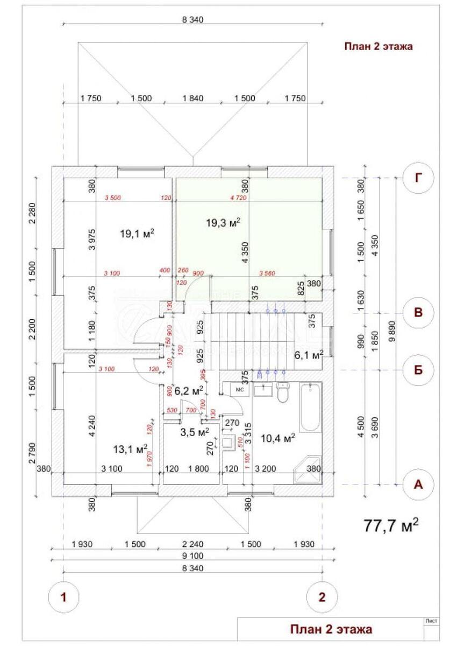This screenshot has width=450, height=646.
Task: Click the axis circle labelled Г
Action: coord(418,179)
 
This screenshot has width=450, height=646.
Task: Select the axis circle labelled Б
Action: coord(418,370)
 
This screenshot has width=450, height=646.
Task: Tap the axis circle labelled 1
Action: coord(63,596)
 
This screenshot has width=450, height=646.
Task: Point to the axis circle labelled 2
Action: coord(322,596)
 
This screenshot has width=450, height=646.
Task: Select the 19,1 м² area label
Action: coord(138,233)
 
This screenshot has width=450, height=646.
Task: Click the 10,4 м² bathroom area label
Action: coord(278,439)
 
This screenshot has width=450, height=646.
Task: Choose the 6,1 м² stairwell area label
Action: coord(308,354)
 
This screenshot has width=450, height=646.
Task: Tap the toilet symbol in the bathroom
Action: coord(283,393)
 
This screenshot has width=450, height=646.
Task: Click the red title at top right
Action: coord(378,46)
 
